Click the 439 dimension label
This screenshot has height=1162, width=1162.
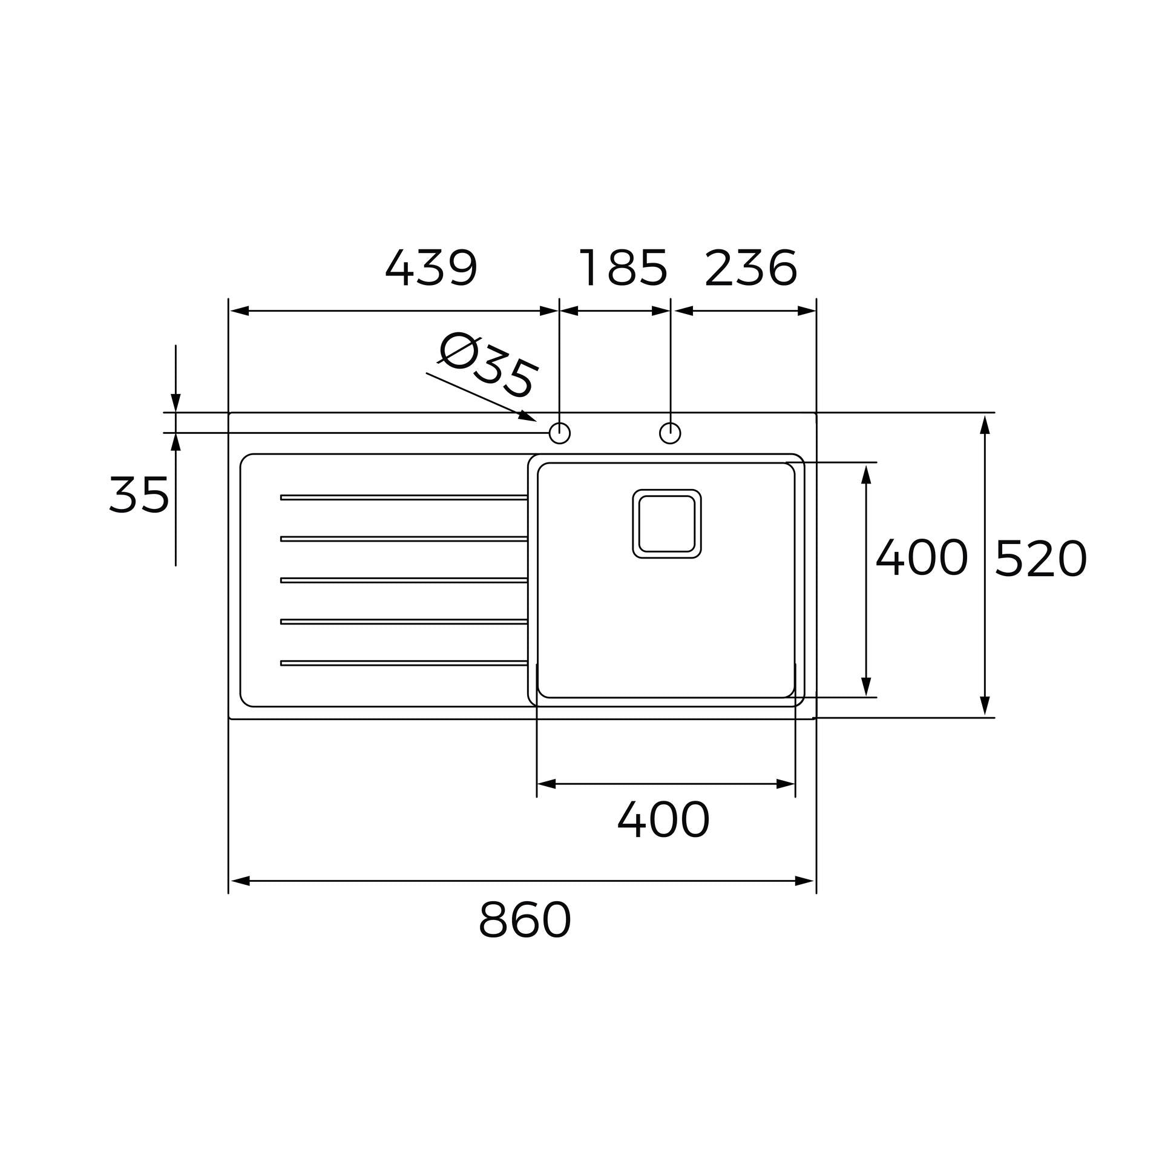point(431,268)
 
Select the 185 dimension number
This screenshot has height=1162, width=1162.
point(623,268)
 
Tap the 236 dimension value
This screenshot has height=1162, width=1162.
point(750,268)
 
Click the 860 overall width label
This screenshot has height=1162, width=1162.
point(525,920)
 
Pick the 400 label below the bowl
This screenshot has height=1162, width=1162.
point(663,819)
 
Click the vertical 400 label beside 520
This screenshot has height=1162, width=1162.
point(922,557)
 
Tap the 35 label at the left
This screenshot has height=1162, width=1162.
point(139,494)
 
